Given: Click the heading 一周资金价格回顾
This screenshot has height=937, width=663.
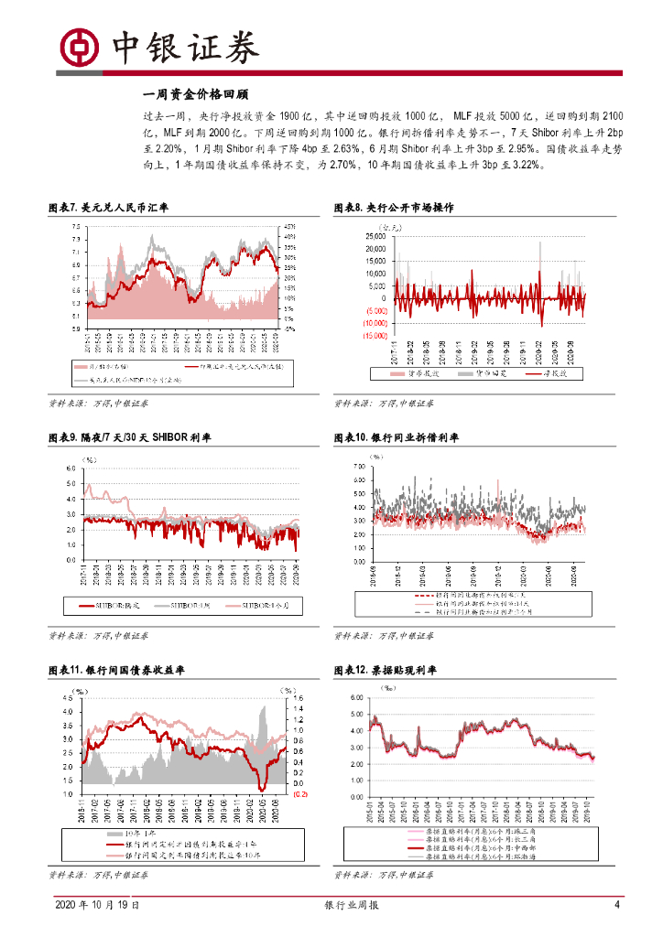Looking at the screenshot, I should coord(197,94).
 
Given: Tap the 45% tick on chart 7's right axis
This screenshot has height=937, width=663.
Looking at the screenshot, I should coord(288,226).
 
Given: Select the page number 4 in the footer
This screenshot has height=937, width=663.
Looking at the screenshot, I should coord(617,905).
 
